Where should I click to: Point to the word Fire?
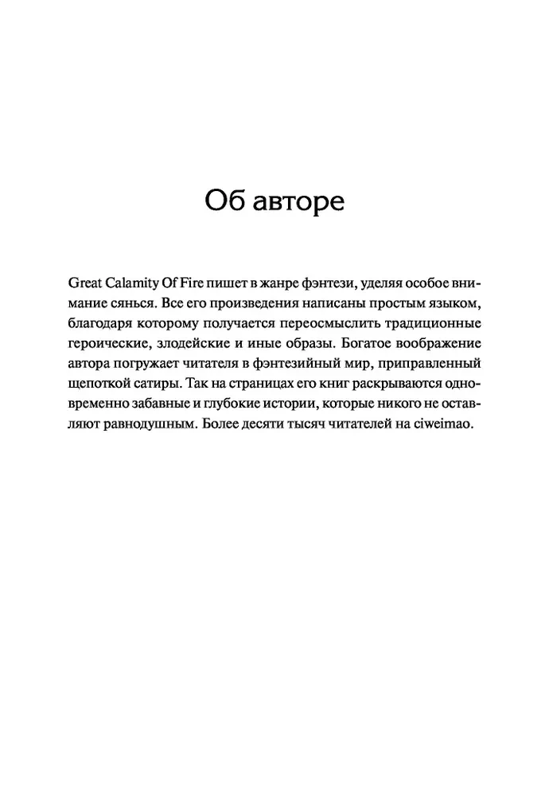click(x=210, y=284)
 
